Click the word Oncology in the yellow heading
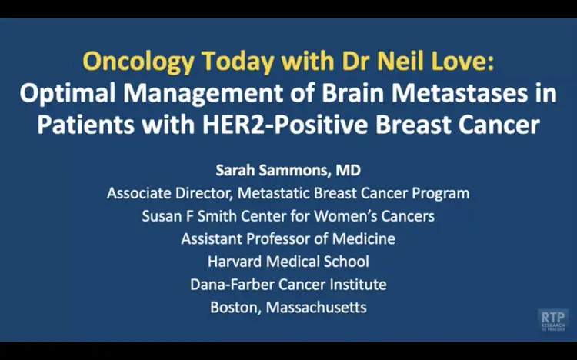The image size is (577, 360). (x=138, y=62)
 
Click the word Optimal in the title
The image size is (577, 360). (x=68, y=94)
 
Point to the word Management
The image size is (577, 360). (x=203, y=94)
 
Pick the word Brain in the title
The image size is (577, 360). (x=352, y=93)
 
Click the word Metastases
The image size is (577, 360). (x=459, y=93)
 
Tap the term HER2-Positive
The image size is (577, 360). (x=285, y=125)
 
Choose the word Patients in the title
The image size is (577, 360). (x=85, y=125)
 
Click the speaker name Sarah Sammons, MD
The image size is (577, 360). (x=288, y=171)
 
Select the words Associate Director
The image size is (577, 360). (x=170, y=193)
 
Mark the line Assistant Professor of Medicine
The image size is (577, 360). (x=288, y=239)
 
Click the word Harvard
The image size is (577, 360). (x=235, y=262)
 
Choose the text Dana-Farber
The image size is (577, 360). (x=232, y=285)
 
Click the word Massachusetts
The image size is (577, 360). (x=316, y=308)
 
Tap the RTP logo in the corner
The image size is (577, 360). (x=552, y=320)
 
